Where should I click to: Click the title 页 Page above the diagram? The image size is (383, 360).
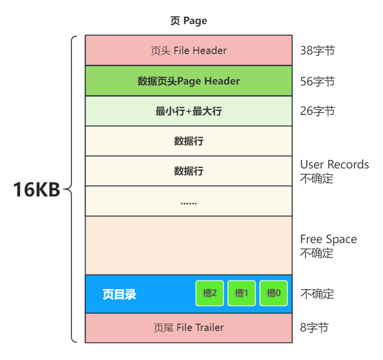pyautogui.click(x=188, y=21)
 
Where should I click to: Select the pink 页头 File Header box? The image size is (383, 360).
pyautogui.click(x=188, y=51)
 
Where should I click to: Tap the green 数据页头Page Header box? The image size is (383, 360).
pyautogui.click(x=188, y=81)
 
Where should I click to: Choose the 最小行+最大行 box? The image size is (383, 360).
pyautogui.click(x=188, y=111)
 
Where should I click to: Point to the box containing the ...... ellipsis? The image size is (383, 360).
pyautogui.click(x=188, y=201)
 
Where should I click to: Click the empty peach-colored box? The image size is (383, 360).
pyautogui.click(x=188, y=245)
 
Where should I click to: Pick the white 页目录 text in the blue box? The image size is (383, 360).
pyautogui.click(x=119, y=294)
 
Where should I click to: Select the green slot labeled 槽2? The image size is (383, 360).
pyautogui.click(x=210, y=293)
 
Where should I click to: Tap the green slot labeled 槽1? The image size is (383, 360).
pyautogui.click(x=242, y=293)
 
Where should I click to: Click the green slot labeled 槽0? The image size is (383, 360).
pyautogui.click(x=273, y=293)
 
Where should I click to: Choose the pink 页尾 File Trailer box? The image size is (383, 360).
pyautogui.click(x=188, y=328)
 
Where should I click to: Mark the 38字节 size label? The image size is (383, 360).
pyautogui.click(x=318, y=51)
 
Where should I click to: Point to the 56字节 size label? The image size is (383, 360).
pyautogui.click(x=318, y=81)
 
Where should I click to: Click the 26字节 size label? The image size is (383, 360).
pyautogui.click(x=318, y=111)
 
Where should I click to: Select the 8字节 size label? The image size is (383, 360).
pyautogui.click(x=314, y=328)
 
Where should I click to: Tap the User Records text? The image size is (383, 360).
pyautogui.click(x=334, y=165)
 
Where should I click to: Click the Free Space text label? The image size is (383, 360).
pyautogui.click(x=328, y=239)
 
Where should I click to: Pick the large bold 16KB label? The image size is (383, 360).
pyautogui.click(x=36, y=190)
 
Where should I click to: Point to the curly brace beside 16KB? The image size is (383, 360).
pyautogui.click(x=72, y=189)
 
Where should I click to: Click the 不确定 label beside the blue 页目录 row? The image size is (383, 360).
pyautogui.click(x=317, y=294)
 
